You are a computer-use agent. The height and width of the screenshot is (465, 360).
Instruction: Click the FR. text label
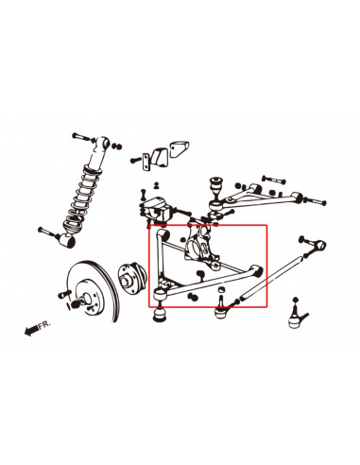click(44, 325)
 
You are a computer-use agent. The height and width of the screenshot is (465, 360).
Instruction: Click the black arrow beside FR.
click(31, 331)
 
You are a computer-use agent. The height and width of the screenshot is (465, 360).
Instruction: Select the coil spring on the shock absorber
click(81, 199)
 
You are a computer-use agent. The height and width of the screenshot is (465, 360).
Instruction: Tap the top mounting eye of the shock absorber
click(102, 143)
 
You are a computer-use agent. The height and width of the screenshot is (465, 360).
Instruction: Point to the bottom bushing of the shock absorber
click(68, 240)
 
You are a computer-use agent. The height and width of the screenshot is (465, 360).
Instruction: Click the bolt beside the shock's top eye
click(83, 138)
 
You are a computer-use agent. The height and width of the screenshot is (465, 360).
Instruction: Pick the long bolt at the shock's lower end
click(49, 232)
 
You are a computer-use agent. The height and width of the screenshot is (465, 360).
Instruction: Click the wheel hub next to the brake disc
click(131, 278)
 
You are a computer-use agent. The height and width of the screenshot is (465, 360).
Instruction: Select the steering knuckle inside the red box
click(200, 248)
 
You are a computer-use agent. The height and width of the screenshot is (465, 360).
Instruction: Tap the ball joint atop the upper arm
click(216, 188)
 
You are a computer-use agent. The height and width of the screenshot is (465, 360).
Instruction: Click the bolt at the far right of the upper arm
click(315, 200)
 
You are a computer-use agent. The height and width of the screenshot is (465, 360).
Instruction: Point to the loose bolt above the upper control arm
click(273, 180)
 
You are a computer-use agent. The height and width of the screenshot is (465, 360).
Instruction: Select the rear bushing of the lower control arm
click(257, 270)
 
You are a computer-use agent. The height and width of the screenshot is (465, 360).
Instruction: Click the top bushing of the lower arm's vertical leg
click(164, 234)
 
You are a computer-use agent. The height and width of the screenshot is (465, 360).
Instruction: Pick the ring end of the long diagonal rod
click(319, 246)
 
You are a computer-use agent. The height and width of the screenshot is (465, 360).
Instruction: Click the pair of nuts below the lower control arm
click(192, 297)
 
